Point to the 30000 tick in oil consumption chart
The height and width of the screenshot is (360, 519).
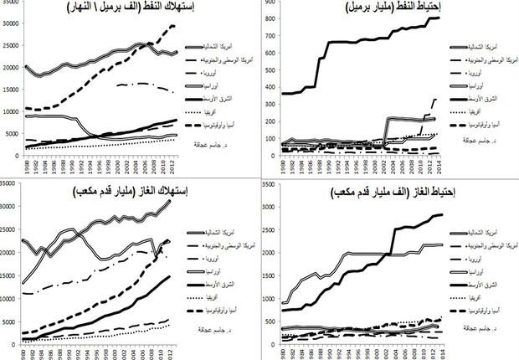10,23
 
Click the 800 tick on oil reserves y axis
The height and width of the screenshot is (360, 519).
269,18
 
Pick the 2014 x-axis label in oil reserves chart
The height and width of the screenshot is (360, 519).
441,164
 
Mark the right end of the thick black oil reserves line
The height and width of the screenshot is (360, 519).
438,18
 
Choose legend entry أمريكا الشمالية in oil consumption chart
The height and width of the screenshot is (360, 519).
224,53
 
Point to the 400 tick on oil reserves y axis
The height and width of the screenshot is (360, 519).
269,86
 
